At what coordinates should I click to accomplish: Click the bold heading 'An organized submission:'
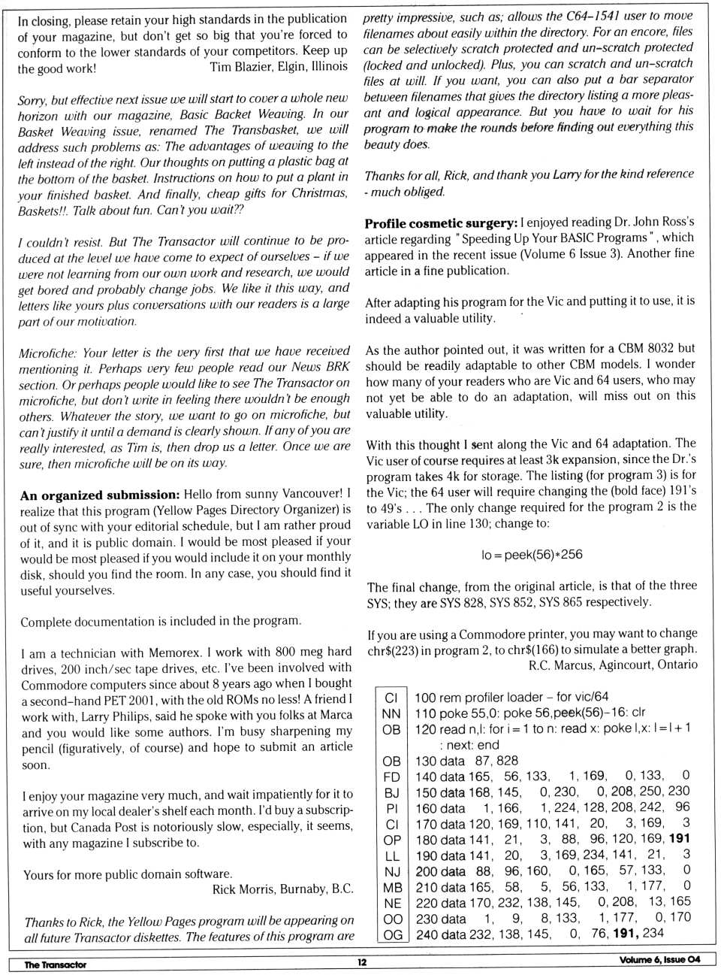point(100,495)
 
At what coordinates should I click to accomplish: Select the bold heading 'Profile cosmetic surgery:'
point(441,223)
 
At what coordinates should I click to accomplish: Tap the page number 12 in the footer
point(362,962)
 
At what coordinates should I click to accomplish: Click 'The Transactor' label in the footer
point(55,964)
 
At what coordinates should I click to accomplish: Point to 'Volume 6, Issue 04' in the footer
point(659,959)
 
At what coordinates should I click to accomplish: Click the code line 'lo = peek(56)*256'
point(532,555)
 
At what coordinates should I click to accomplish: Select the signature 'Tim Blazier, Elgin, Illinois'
point(279,67)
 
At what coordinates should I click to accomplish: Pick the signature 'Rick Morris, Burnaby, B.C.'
point(282,889)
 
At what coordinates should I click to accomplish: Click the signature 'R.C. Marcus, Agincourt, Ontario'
point(613,665)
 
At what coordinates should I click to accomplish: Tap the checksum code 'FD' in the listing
point(391,777)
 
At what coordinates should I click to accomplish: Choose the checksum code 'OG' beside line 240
point(392,935)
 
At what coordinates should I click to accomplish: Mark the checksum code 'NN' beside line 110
point(391,713)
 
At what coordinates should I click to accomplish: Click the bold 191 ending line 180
point(679,838)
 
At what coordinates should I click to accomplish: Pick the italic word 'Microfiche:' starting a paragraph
point(48,353)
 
